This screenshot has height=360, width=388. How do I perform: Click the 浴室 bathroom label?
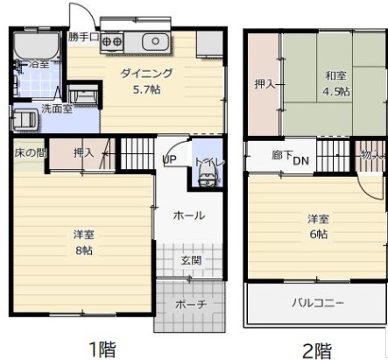[39, 65]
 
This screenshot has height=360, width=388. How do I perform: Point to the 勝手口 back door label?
[85, 38]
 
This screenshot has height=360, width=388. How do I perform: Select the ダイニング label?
[145, 74]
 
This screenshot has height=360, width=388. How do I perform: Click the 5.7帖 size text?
[145, 89]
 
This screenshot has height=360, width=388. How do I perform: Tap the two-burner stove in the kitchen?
[111, 39]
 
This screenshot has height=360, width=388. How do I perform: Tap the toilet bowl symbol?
[207, 178]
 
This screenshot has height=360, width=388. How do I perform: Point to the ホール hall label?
[189, 215]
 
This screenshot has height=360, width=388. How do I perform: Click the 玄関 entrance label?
[192, 260]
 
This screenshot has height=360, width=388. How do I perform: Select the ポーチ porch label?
[191, 306]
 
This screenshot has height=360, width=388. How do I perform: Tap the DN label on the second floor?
[301, 160]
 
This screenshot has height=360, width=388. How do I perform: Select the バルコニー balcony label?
[318, 303]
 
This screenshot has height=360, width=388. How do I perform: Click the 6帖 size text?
[317, 234]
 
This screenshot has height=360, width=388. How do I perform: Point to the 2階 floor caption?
[317, 349]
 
